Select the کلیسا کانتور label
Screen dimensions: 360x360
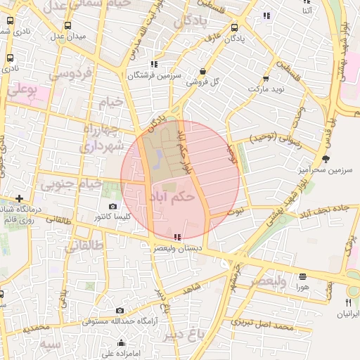click(x=113, y=218)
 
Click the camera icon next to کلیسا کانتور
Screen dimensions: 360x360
click(x=113, y=207)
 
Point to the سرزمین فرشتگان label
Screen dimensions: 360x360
click(x=155, y=75)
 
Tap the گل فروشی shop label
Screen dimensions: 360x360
click(x=202, y=82)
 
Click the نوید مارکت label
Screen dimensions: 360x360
click(x=265, y=90)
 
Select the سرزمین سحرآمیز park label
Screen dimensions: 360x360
click(x=324, y=170)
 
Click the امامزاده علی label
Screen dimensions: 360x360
click(x=122, y=354)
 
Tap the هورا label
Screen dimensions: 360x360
click(x=302, y=287)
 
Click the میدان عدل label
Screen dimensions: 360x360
click(x=70, y=35)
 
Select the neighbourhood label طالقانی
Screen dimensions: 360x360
click(x=83, y=246)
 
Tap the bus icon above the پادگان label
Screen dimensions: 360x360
click(x=234, y=29)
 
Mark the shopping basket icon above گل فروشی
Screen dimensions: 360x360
click(x=203, y=71)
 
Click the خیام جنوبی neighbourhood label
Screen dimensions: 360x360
click(x=72, y=184)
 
